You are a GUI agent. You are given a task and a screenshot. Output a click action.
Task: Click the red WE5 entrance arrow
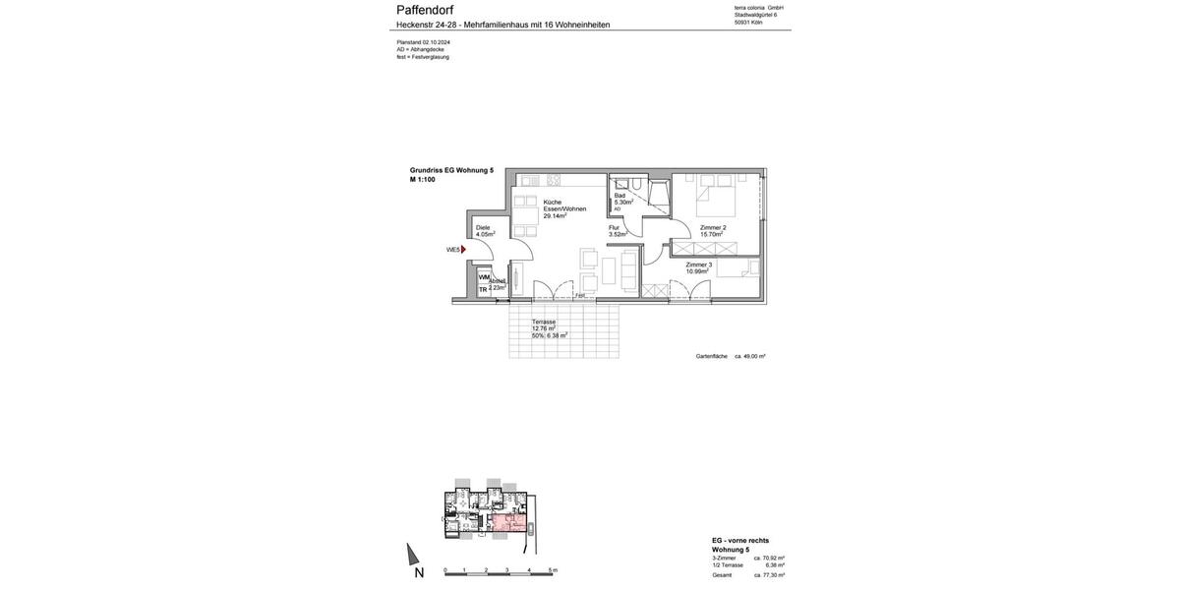click(x=463, y=250)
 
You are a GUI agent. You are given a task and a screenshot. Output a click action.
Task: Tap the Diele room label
click(x=483, y=227)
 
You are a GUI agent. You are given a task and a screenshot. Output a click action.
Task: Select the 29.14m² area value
click(x=555, y=215)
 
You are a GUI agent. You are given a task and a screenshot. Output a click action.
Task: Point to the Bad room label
click(x=619, y=195)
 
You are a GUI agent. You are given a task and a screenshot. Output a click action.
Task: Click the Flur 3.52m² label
click(x=617, y=231)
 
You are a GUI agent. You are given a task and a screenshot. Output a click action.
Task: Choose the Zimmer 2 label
click(x=713, y=227)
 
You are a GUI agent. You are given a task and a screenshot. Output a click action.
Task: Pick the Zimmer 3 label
click(x=698, y=265)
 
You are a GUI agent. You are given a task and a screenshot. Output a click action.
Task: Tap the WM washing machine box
click(x=484, y=277)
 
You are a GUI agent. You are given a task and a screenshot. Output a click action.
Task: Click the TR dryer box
click(x=483, y=289)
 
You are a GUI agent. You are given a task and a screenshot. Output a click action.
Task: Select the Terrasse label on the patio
click(x=544, y=322)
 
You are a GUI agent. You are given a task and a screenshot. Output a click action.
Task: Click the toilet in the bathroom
click(x=637, y=184)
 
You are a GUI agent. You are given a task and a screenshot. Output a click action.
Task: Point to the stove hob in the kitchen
click(x=554, y=180)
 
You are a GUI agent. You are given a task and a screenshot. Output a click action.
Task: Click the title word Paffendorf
click(x=425, y=10)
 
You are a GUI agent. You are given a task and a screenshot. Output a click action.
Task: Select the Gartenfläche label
click(x=712, y=356)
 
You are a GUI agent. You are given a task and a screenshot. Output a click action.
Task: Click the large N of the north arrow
click(x=419, y=572)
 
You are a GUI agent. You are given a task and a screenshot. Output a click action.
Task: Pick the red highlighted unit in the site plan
click(x=508, y=522)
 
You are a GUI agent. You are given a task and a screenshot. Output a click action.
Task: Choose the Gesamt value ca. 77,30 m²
click(x=769, y=575)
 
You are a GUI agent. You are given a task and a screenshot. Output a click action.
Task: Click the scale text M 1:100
click(x=423, y=180)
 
